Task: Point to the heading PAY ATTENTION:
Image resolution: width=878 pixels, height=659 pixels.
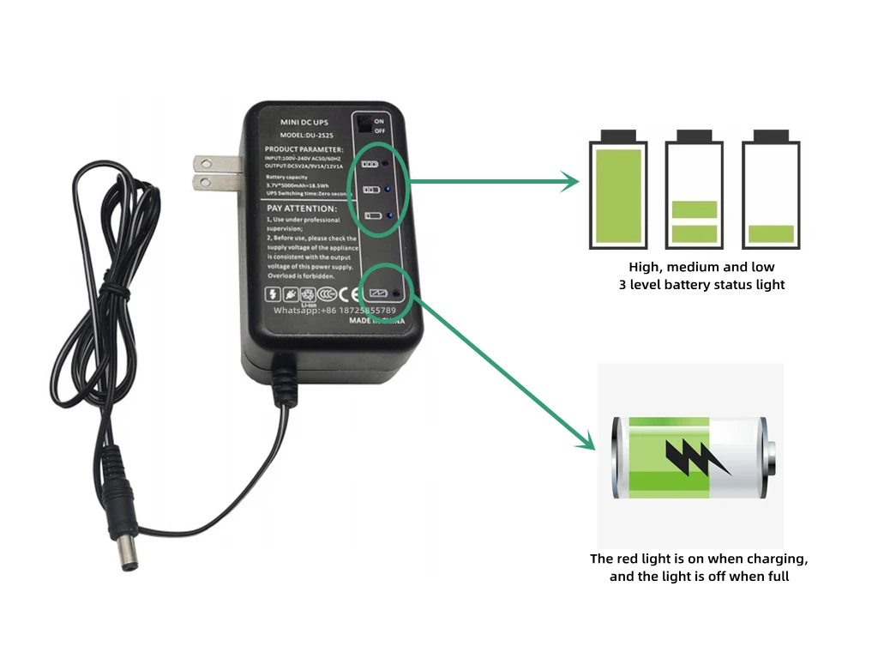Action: point(302,209)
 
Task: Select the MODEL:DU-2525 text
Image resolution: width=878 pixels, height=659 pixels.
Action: point(306,136)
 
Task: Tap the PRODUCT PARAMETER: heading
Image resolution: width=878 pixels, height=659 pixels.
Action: point(304,149)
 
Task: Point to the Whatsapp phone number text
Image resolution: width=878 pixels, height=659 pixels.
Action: point(334,310)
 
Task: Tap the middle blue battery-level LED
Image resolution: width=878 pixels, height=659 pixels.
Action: point(388,189)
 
